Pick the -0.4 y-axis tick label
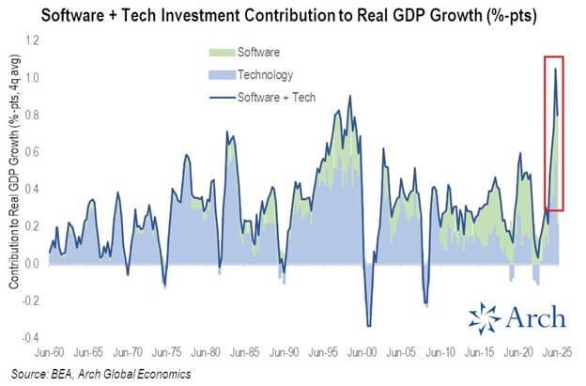(30, 338)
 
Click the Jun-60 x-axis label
(49, 354)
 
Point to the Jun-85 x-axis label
(247, 354)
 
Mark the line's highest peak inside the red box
(555, 69)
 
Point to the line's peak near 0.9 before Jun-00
(350, 96)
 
